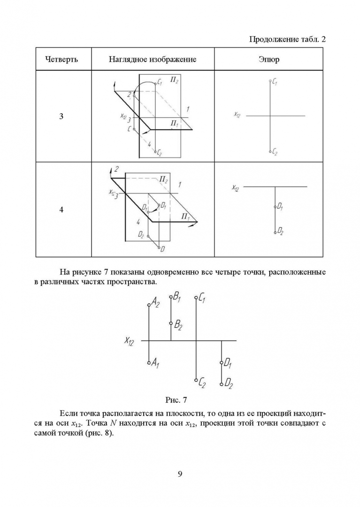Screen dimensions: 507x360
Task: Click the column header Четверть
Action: [x=61, y=60]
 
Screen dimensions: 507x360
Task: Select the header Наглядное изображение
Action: [x=153, y=60]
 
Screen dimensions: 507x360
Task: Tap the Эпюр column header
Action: [x=268, y=60]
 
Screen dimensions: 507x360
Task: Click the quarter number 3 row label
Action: [x=61, y=116]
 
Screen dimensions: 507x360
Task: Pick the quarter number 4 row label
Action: [x=61, y=210]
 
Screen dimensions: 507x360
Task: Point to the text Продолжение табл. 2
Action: [x=287, y=39]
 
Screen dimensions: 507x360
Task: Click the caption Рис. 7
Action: [x=176, y=400]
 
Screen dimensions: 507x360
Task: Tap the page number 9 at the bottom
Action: [x=180, y=473]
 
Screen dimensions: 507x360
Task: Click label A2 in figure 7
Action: [x=155, y=303]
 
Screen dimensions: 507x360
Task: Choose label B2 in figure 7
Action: [x=177, y=324]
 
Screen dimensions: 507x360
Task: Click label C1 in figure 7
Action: [x=202, y=298]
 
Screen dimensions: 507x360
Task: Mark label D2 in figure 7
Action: [x=228, y=384]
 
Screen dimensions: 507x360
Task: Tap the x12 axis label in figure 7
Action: [x=129, y=341]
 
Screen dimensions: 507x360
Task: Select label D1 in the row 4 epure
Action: [x=280, y=206]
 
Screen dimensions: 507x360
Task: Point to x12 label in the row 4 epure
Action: [x=236, y=188]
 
